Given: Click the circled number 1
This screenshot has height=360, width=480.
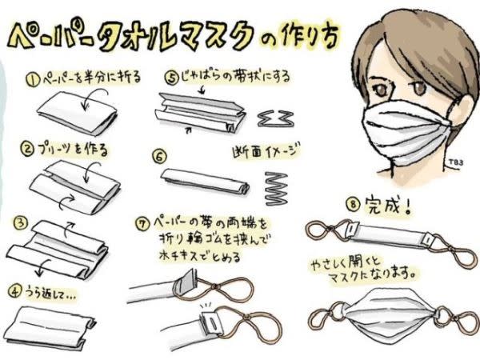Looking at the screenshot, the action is [33, 80].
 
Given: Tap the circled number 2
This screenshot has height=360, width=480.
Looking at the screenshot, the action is [27, 150].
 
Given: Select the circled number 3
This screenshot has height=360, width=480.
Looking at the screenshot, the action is [20, 223].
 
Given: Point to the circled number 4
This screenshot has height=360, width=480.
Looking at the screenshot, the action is [14, 291].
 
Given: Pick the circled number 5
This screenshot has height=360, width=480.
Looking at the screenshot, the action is [172, 78].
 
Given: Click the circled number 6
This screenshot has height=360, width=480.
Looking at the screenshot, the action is [159, 157].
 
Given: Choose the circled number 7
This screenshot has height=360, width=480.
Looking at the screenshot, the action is [143, 223].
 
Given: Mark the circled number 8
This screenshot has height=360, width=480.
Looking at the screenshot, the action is [353, 203].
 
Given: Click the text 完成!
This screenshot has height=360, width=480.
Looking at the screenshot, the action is [387, 205].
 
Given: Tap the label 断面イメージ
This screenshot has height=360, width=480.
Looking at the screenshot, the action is [266, 150].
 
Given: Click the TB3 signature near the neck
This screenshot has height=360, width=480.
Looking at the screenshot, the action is [456, 162].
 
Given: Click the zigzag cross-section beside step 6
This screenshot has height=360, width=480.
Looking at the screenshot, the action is [276, 189].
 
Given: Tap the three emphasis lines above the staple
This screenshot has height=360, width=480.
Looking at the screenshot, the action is [206, 306].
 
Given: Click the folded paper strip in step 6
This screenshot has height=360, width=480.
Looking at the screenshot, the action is [205, 182].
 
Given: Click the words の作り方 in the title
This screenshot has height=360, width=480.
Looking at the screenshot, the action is [299, 36].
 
